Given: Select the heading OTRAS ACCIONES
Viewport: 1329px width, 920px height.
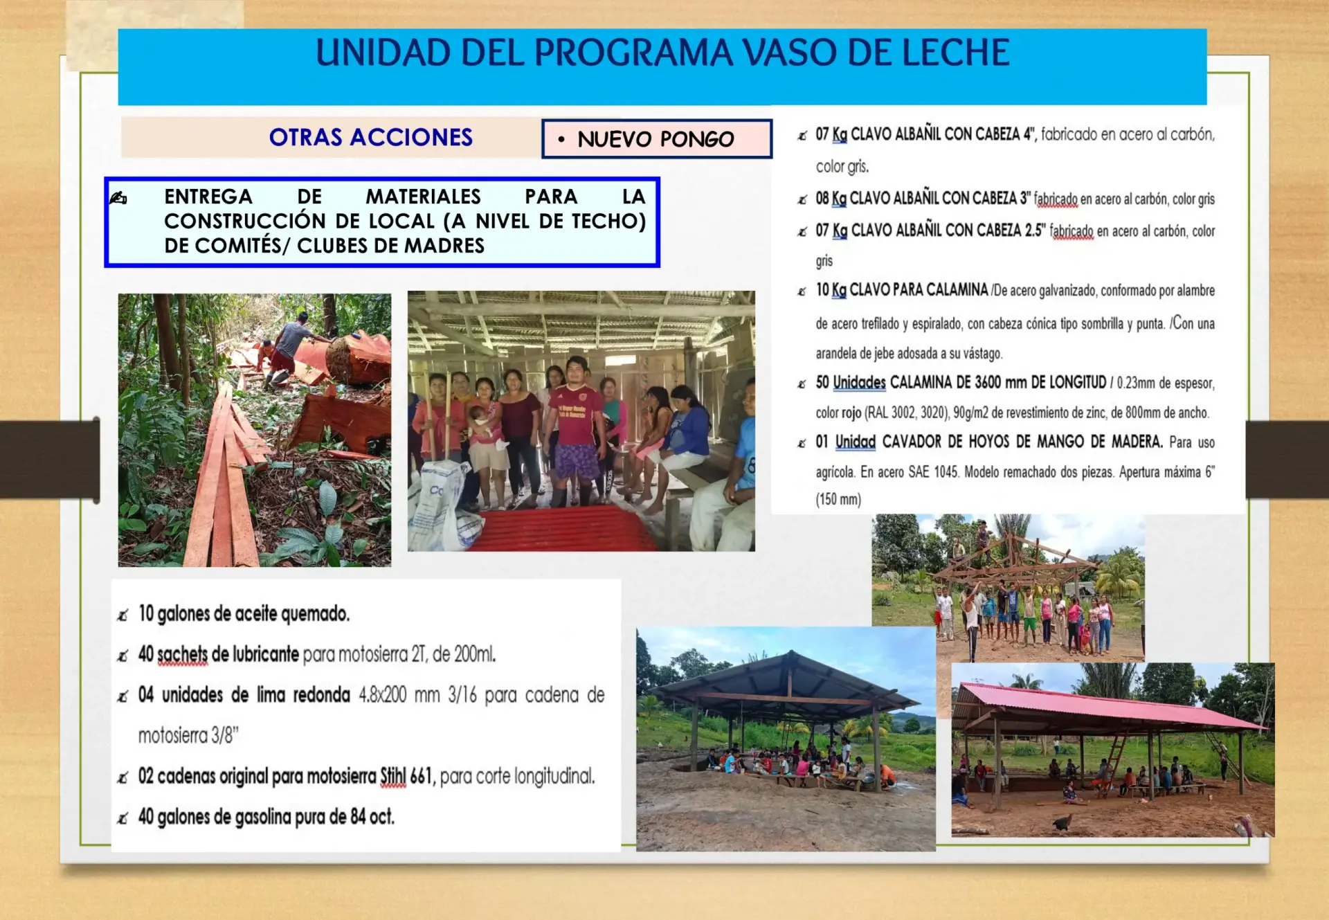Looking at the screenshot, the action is [371, 137].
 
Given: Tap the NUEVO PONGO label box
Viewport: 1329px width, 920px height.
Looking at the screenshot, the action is [656, 138].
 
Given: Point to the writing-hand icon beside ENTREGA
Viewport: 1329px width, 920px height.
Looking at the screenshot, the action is [118, 199].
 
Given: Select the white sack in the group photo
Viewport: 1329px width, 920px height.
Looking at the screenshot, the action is [443, 505].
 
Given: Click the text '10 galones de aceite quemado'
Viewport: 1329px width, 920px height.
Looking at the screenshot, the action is [244, 613].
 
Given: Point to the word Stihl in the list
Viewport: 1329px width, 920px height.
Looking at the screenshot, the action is [392, 776].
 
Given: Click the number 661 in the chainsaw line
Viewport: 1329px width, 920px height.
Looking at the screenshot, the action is [421, 776].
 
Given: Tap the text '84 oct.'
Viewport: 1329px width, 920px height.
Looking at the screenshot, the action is [372, 817].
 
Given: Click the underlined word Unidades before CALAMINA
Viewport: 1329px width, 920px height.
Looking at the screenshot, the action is [859, 382].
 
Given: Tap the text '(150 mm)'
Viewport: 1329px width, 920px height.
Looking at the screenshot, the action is [838, 499].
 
